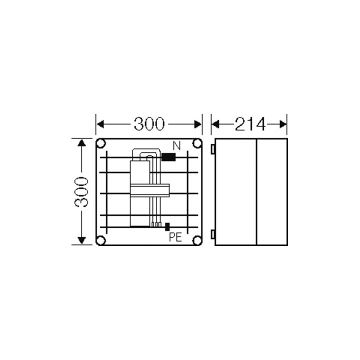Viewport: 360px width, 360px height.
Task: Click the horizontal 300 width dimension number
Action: point(149,124)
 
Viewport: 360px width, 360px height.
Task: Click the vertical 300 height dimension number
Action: point(81,192)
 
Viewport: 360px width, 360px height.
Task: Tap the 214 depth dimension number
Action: point(250,124)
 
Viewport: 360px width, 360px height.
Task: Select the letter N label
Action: point(176,146)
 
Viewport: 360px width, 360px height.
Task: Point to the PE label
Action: point(175,237)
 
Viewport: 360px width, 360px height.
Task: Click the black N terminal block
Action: point(168,157)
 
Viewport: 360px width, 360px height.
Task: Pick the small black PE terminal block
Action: point(167,226)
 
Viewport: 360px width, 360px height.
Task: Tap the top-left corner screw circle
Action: point(101,143)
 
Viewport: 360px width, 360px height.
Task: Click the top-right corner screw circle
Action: point(197,143)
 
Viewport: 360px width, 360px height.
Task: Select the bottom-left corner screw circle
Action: point(101,240)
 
